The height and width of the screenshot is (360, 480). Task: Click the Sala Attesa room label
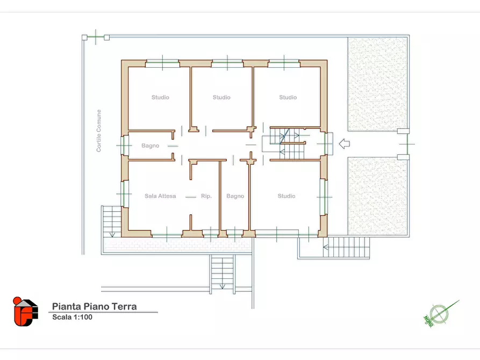tap(160, 196)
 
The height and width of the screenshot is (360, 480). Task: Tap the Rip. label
tap(206, 196)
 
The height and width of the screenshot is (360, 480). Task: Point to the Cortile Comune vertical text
tap(98, 131)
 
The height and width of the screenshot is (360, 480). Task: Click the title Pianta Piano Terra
tap(94, 306)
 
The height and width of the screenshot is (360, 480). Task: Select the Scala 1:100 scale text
tap(72, 317)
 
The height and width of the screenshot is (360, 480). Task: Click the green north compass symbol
tap(439, 314)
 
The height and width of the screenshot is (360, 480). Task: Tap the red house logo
tap(25, 311)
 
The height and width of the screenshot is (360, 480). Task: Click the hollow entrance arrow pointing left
tap(345, 143)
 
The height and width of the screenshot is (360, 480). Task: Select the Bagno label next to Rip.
tap(235, 196)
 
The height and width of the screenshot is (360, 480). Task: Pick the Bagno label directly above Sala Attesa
tap(151, 146)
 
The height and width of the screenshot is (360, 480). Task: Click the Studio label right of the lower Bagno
tap(286, 196)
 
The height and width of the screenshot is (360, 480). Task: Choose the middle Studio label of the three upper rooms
tap(221, 97)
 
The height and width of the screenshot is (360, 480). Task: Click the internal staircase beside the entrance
tap(288, 144)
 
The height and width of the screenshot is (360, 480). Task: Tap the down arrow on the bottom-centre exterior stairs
tap(223, 287)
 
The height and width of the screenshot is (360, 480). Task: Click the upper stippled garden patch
tap(377, 84)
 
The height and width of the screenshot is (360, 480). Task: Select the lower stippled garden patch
tap(377, 196)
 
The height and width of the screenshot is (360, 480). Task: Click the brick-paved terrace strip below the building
tap(177, 244)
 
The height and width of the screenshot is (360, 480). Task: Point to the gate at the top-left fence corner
tap(96, 38)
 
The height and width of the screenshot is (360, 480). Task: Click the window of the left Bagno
tap(124, 146)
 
